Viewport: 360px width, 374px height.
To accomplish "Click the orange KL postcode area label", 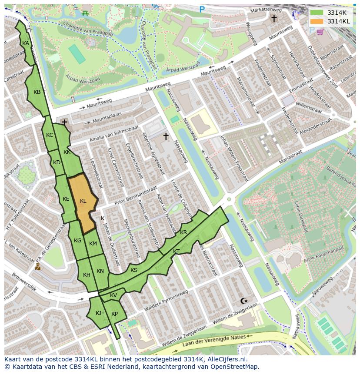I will (x=83, y=201).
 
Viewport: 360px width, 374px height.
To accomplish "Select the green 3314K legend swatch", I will (x=317, y=13).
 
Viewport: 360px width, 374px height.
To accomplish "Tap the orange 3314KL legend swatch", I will (x=317, y=21).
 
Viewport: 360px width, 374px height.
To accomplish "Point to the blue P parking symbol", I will (x=202, y=9).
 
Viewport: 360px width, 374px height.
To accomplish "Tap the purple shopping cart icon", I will (x=320, y=32).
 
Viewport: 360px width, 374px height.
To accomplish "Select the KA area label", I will (x=26, y=43).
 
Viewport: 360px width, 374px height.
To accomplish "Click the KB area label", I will (x=37, y=92).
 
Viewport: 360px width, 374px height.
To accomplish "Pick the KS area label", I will (x=134, y=270).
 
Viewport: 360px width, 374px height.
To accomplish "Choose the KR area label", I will (x=183, y=232).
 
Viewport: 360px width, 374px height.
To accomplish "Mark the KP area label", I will (x=114, y=314).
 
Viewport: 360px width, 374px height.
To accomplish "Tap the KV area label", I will (x=113, y=295).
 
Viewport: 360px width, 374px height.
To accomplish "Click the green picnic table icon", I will (x=86, y=13).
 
